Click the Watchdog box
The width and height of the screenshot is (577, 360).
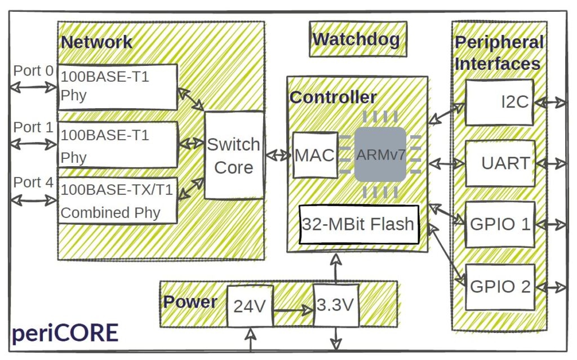[358, 39]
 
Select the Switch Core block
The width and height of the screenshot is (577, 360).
[234, 155]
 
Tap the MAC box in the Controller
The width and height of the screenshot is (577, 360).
[316, 155]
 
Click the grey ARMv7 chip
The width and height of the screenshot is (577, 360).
[380, 154]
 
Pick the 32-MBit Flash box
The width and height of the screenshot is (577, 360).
[359, 224]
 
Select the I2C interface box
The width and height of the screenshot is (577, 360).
[499, 103]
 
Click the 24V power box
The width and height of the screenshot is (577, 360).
[249, 306]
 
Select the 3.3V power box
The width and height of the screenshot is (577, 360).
[336, 305]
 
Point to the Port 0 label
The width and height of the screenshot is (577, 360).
[33, 71]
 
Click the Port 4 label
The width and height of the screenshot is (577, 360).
[33, 183]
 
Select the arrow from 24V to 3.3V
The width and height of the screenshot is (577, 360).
[292, 309]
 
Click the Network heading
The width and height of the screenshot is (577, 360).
[96, 42]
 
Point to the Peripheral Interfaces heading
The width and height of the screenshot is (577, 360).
[499, 53]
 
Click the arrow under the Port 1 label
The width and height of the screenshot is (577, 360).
[33, 144]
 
